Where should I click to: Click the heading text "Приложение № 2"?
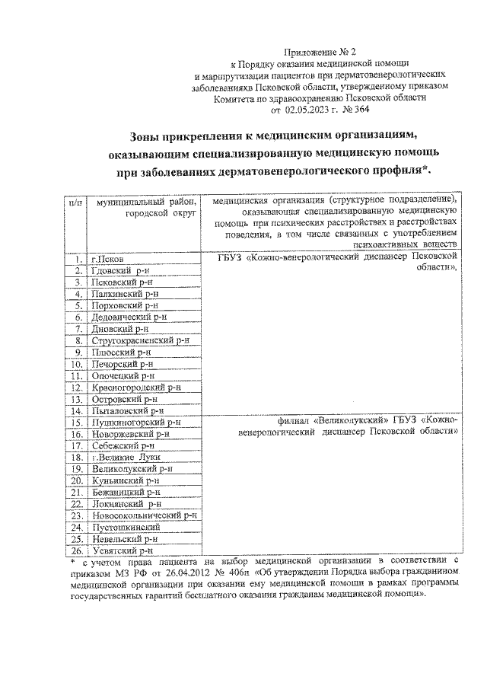[314, 52]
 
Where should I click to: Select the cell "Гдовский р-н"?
[119, 270]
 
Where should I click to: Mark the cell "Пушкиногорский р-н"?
[135, 421]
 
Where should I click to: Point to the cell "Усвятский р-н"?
[122, 549]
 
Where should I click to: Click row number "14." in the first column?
[75, 410]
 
